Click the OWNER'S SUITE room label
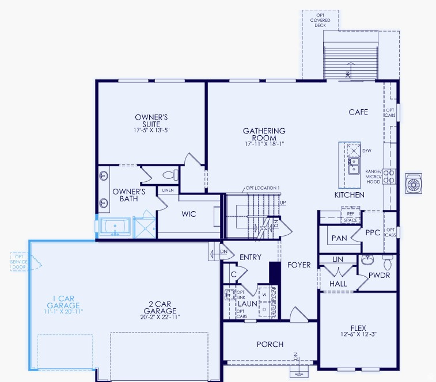click(151, 120)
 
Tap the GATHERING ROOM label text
click(264, 135)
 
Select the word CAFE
click(358, 112)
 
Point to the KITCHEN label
click(350, 195)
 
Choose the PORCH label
click(270, 344)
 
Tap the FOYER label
click(299, 265)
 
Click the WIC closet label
click(189, 214)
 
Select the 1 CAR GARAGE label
click(63, 301)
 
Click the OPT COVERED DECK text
click(320, 20)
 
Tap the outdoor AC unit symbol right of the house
click(414, 184)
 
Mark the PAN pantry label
click(338, 237)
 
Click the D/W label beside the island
click(367, 151)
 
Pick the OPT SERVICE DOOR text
click(19, 262)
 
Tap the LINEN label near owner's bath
click(168, 190)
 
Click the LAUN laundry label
click(247, 303)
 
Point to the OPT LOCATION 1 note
click(263, 188)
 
